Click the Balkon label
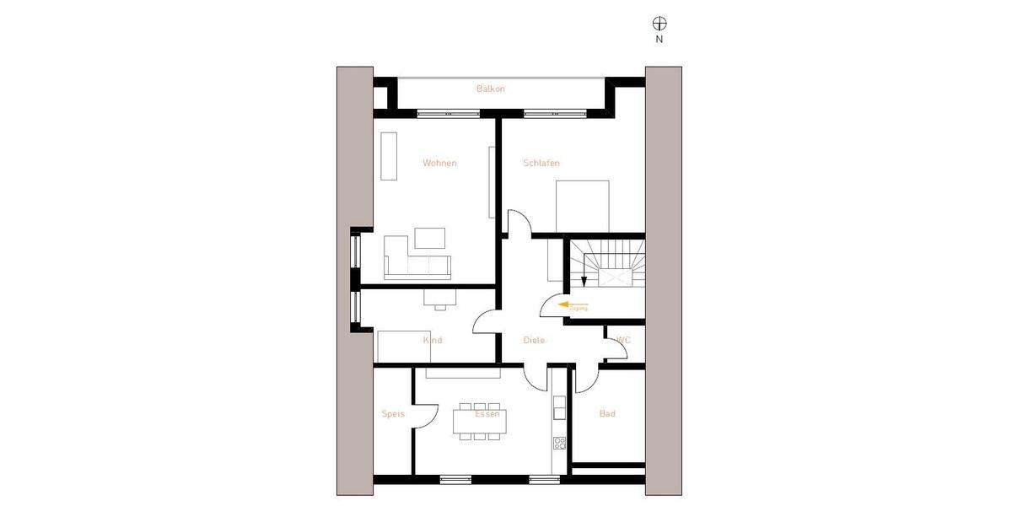click(x=490, y=89)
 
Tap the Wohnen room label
click(x=439, y=163)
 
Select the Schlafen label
click(x=541, y=163)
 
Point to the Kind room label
click(x=433, y=340)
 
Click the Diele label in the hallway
click(x=534, y=340)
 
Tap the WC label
click(x=624, y=340)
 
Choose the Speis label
click(x=393, y=414)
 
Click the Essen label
click(x=487, y=413)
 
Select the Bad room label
click(x=607, y=414)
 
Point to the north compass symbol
click(x=659, y=23)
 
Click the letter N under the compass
click(x=659, y=39)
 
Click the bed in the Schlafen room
click(x=582, y=206)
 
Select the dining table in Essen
click(x=480, y=420)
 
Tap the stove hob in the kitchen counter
click(x=558, y=442)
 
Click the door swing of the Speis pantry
click(x=427, y=414)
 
